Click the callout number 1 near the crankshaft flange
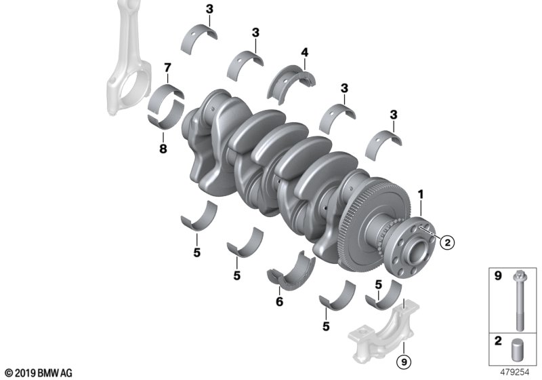click(421, 194)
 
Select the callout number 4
click(305, 52)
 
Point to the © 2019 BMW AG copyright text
click(38, 373)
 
